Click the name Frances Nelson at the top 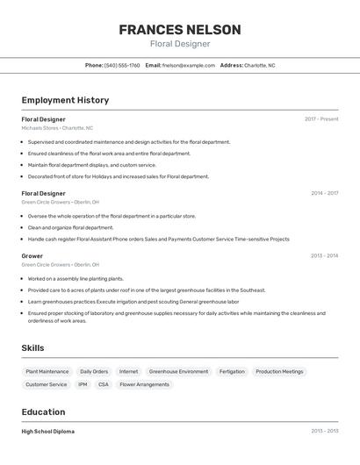179,29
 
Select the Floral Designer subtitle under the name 179,44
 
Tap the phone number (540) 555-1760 122,65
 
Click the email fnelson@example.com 189,65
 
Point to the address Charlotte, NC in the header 259,65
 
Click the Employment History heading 65,100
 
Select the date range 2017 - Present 321,119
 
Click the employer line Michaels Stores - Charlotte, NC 57,128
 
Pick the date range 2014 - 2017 324,193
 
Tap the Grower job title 32,256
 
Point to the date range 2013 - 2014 324,256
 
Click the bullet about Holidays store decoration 119,176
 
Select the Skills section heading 33,348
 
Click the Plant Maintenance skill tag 47,371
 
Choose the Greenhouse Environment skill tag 178,371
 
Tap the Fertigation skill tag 232,371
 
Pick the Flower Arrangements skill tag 144,384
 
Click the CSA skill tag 104,384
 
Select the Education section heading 44,412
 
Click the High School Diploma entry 48,432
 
